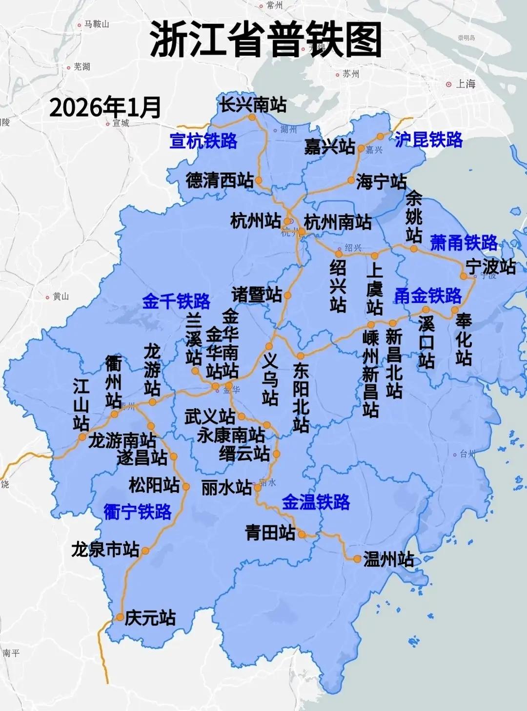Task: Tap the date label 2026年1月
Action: (105, 107)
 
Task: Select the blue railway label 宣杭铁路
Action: (203, 141)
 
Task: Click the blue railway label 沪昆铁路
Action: (428, 140)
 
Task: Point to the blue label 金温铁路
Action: (316, 502)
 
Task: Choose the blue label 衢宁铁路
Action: (138, 511)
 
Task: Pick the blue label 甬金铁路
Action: (427, 295)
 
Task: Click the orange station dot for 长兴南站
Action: (252, 118)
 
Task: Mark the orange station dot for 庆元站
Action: (120, 617)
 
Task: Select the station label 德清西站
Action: (220, 180)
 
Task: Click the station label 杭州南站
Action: (337, 222)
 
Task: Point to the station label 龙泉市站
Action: (105, 549)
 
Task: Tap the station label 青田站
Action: (270, 532)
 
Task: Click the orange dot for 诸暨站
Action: (288, 295)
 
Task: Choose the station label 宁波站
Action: (490, 267)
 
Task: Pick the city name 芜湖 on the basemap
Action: (81, 67)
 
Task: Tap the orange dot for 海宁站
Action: (351, 180)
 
